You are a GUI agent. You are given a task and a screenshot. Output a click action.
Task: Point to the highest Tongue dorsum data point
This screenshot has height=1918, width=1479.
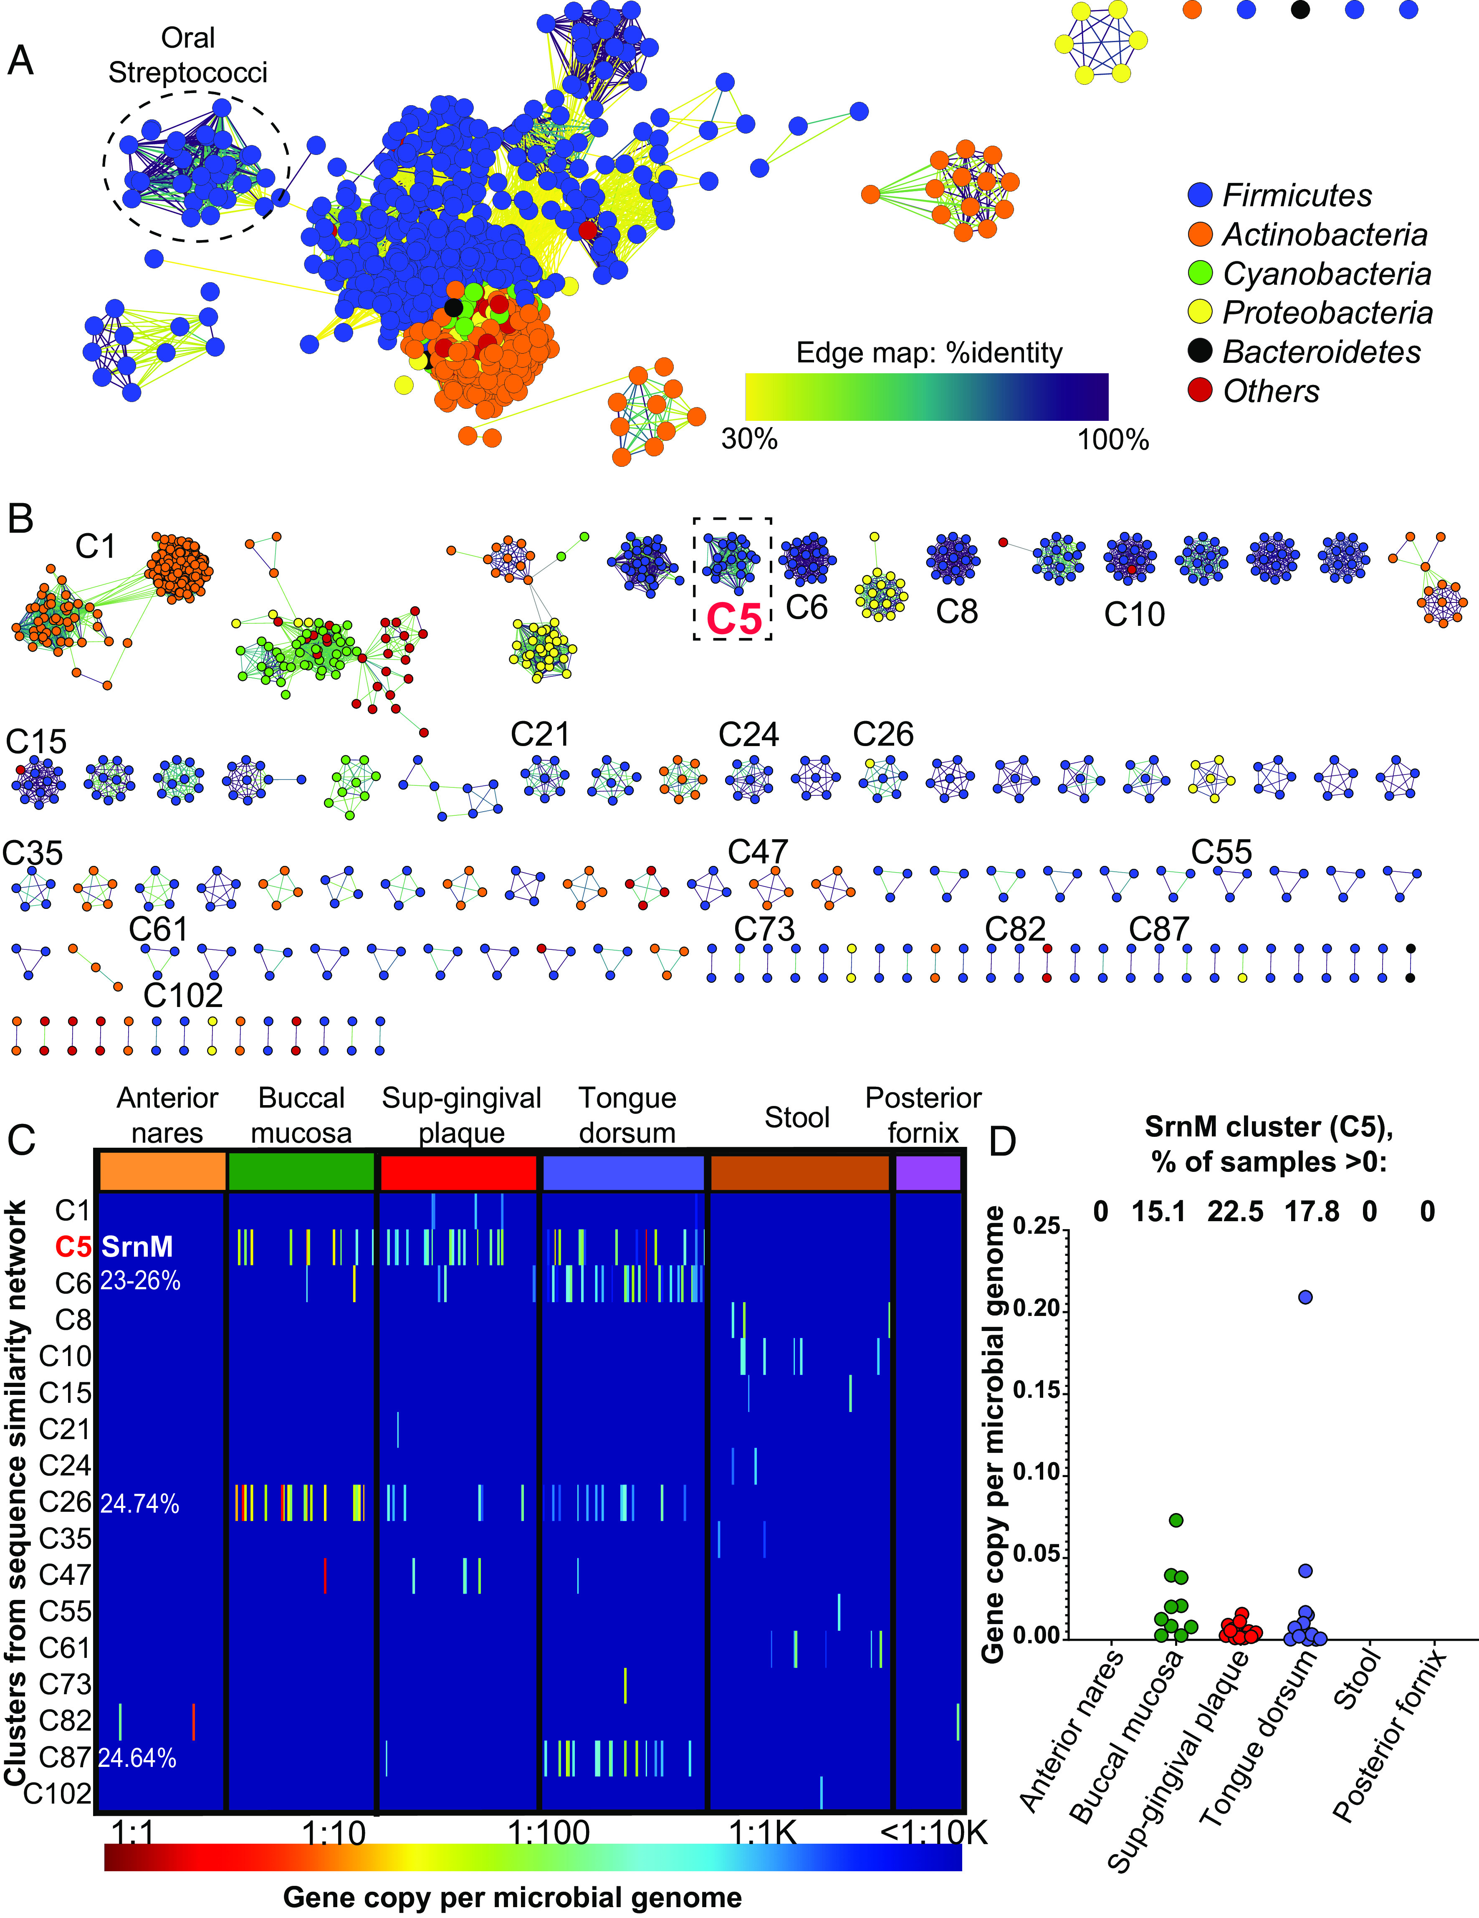[1305, 1297]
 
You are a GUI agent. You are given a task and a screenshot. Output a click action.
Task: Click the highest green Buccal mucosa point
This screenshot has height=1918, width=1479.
[1177, 1520]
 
